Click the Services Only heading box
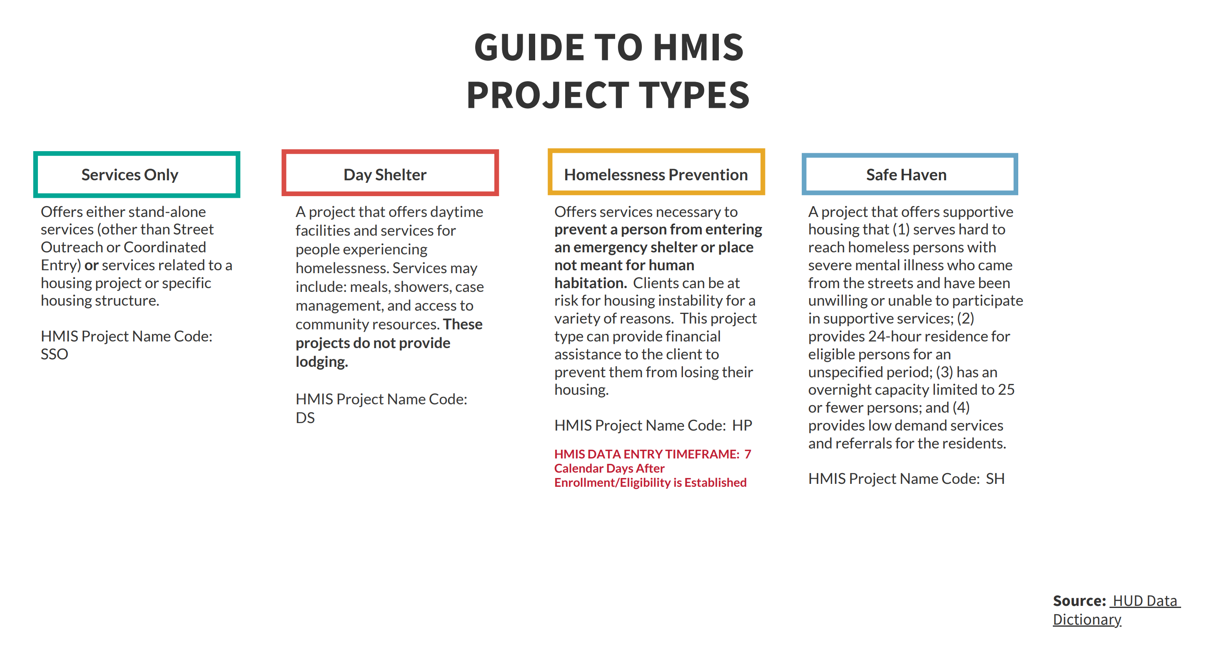136,174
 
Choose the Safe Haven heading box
910,174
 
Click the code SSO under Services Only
55,354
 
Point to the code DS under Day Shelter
305,418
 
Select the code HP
742,426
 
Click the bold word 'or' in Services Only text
91,265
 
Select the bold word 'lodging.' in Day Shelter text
322,361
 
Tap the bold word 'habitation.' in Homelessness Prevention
591,283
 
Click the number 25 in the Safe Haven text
1006,389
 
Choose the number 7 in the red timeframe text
748,454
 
